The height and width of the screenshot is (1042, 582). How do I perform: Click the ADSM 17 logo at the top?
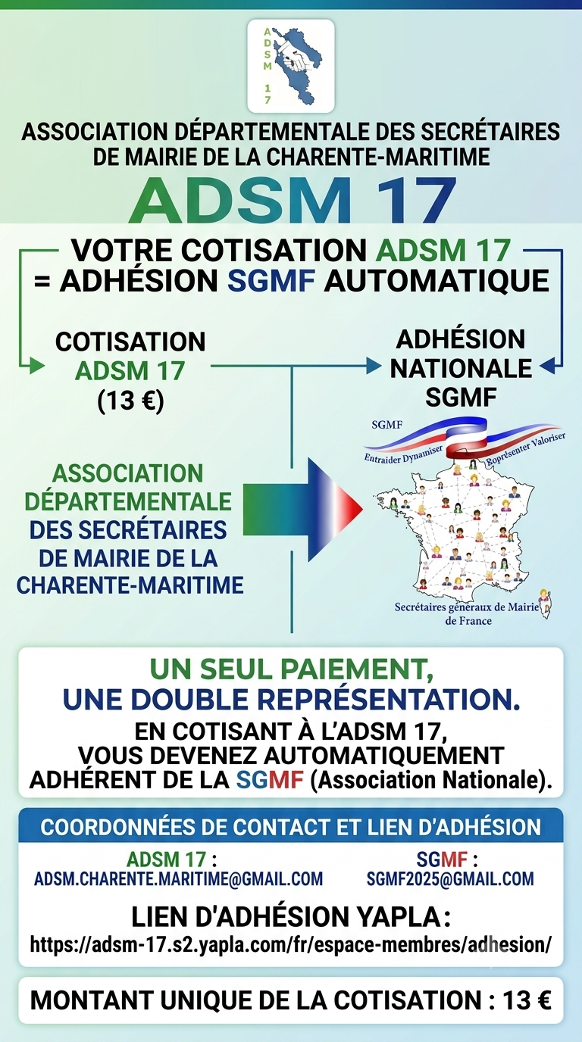tap(291, 66)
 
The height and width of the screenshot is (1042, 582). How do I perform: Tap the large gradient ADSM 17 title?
tap(292, 201)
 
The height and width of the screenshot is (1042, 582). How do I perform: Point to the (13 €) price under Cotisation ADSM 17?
tap(130, 400)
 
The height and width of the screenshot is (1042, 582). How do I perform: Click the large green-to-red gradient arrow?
tap(302, 509)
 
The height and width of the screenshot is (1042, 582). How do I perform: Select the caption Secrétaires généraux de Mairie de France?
tap(468, 613)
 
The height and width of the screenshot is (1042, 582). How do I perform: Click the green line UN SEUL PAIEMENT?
tap(292, 670)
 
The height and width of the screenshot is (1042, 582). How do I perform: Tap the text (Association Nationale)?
tap(431, 780)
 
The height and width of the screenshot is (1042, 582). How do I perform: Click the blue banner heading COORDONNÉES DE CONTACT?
tap(291, 827)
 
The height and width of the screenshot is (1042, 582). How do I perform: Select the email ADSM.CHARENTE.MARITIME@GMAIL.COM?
tap(179, 878)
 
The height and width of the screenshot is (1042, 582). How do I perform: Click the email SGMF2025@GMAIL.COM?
tap(450, 878)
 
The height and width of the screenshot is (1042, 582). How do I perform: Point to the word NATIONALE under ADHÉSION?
tap(461, 369)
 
